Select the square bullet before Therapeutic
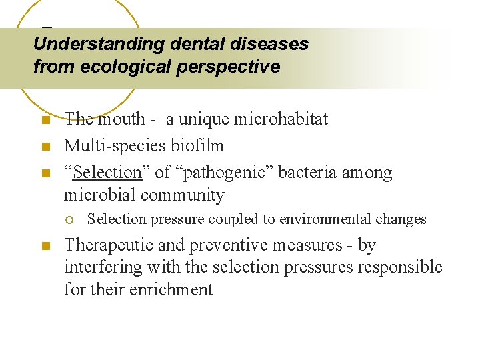tap(45, 246)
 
